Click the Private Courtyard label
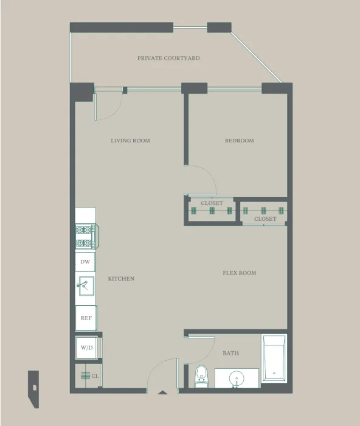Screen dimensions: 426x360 click(168, 58)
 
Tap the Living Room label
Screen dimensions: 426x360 click(130, 141)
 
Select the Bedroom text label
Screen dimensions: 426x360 click(239, 141)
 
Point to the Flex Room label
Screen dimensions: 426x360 click(239, 273)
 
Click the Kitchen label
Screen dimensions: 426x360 click(121, 279)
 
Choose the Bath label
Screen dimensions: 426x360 click(230, 353)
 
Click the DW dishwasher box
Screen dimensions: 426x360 click(85, 262)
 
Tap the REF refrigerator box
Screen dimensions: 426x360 click(85, 318)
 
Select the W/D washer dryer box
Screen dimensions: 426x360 click(86, 347)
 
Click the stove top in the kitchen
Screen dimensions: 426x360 click(85, 236)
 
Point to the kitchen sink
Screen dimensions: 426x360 click(85, 285)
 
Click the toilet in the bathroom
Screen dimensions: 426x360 click(201, 376)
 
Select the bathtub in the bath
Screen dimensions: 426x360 click(274, 359)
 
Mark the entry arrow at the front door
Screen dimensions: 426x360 click(162, 393)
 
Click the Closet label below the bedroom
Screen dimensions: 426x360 click(212, 203)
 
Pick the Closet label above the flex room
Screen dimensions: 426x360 click(265, 218)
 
